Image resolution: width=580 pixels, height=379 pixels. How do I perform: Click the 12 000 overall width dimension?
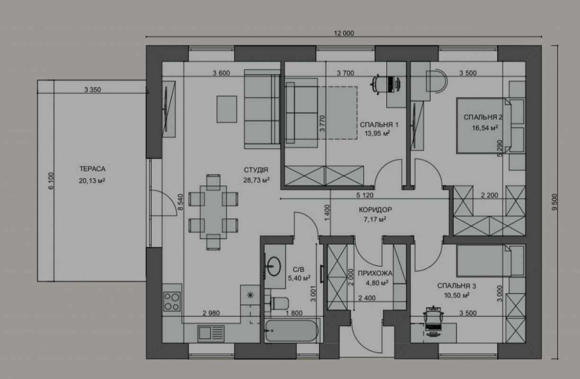[344, 33]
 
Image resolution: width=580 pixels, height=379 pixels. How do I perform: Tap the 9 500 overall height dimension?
[554, 202]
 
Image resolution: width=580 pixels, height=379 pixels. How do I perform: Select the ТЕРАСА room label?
[92, 169]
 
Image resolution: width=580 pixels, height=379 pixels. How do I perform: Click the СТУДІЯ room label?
[256, 170]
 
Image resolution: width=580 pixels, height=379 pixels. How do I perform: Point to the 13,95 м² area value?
[377, 134]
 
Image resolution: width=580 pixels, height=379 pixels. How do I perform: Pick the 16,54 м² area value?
[485, 128]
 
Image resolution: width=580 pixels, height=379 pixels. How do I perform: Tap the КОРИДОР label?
[375, 209]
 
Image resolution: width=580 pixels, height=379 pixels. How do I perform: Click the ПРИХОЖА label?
[375, 273]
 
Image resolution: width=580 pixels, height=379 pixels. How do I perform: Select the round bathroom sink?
[274, 266]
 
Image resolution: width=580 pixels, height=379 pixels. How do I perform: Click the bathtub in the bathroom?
[292, 331]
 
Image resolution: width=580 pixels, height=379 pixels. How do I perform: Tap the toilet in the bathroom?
[280, 303]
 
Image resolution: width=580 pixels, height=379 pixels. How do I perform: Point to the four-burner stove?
[172, 301]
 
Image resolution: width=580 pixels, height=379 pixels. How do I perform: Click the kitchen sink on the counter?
[211, 334]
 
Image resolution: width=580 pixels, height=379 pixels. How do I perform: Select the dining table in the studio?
[214, 212]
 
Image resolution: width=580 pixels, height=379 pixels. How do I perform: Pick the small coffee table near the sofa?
[227, 109]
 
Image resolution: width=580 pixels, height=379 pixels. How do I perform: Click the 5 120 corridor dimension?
[365, 195]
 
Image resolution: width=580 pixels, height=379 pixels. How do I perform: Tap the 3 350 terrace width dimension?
[92, 90]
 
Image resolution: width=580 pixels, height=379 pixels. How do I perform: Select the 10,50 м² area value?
[457, 295]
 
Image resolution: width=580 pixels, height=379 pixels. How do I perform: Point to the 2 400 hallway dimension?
[367, 298]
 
